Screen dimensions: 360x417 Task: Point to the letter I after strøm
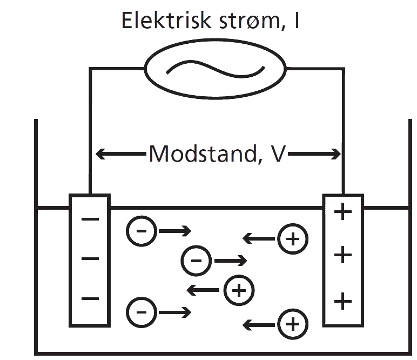tap(297, 21)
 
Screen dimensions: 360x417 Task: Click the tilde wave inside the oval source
tap(214, 69)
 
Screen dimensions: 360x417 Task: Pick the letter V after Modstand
tap(276, 155)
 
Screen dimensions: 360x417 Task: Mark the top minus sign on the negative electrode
tap(90, 219)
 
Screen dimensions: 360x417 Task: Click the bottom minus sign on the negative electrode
tap(90, 298)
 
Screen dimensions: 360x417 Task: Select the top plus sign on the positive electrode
tap(342, 212)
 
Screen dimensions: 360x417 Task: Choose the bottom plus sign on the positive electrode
tap(342, 300)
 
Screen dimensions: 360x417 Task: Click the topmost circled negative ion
tap(142, 231)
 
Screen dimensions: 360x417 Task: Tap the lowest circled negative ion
tap(142, 312)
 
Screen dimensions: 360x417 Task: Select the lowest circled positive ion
tap(292, 324)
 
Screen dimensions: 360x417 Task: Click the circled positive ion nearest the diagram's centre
tap(239, 290)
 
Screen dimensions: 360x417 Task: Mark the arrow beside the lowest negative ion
tap(174, 312)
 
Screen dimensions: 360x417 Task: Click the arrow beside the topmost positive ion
tap(259, 237)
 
